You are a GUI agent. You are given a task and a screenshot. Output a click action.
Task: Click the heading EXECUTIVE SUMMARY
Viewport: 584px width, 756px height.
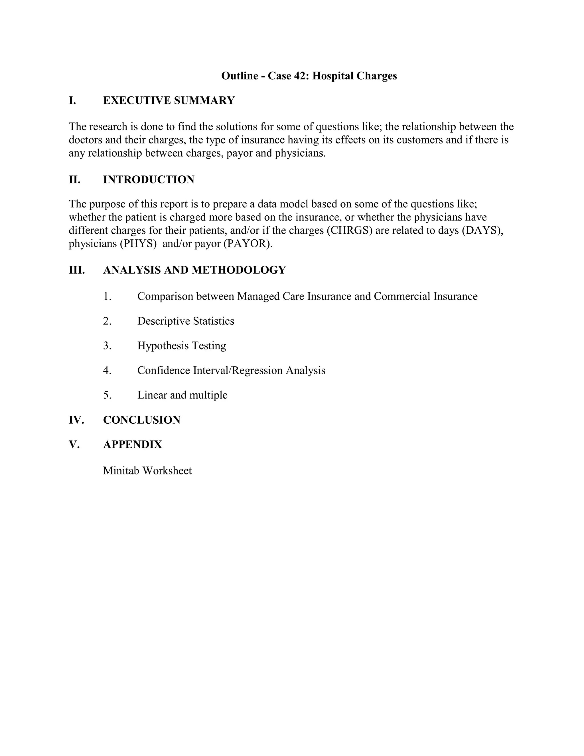click(x=169, y=100)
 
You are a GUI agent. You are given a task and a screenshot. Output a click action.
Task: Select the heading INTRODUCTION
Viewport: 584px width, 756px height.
click(x=149, y=180)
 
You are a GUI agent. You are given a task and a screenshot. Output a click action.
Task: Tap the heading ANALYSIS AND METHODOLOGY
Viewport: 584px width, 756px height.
click(x=194, y=270)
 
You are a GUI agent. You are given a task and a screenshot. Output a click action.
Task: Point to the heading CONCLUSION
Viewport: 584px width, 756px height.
click(x=142, y=420)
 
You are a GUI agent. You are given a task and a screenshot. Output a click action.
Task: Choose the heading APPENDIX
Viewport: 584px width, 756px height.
click(x=133, y=444)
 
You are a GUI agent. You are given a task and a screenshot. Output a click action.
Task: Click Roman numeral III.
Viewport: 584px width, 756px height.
click(x=77, y=270)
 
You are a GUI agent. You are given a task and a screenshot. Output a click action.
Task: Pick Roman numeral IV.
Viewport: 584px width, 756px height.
click(x=76, y=420)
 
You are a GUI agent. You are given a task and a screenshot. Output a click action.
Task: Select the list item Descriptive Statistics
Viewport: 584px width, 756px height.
click(x=186, y=321)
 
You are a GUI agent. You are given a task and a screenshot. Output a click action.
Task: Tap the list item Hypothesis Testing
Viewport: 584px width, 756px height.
click(x=182, y=345)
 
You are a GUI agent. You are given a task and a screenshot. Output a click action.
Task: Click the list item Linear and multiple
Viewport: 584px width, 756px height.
click(x=182, y=395)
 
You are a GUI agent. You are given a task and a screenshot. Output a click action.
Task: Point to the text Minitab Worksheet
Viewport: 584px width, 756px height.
click(x=147, y=471)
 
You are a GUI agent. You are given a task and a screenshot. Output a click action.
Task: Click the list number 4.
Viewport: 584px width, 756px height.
click(x=107, y=370)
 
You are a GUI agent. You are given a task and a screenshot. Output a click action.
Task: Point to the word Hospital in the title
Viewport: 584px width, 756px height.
click(x=333, y=76)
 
